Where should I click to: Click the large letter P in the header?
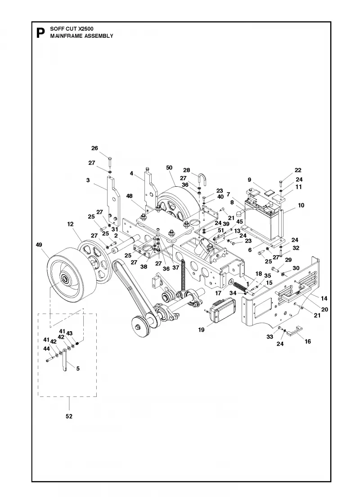(x=40, y=33)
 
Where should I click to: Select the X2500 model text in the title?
(x=86, y=29)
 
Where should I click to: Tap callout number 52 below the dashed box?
(x=69, y=416)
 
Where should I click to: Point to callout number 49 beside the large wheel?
(x=39, y=245)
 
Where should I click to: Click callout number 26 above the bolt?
(x=94, y=148)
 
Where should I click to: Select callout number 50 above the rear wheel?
(x=169, y=167)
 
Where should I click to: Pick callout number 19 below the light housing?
(x=201, y=330)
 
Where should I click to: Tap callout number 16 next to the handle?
(x=308, y=342)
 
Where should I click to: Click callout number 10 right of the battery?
(x=301, y=205)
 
